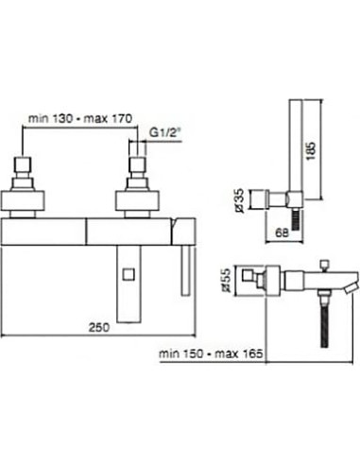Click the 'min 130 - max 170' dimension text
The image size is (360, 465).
[80, 118]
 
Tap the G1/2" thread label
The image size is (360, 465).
[163, 133]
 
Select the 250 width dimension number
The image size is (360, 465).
[99, 327]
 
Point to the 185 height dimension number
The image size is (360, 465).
[311, 151]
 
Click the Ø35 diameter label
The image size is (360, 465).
[240, 200]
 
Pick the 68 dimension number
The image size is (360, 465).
[282, 233]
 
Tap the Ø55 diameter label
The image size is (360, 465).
[226, 280]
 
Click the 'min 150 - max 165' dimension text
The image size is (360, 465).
[211, 353]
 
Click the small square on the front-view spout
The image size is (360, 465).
[129, 274]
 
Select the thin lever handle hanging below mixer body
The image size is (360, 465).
[185, 270]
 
